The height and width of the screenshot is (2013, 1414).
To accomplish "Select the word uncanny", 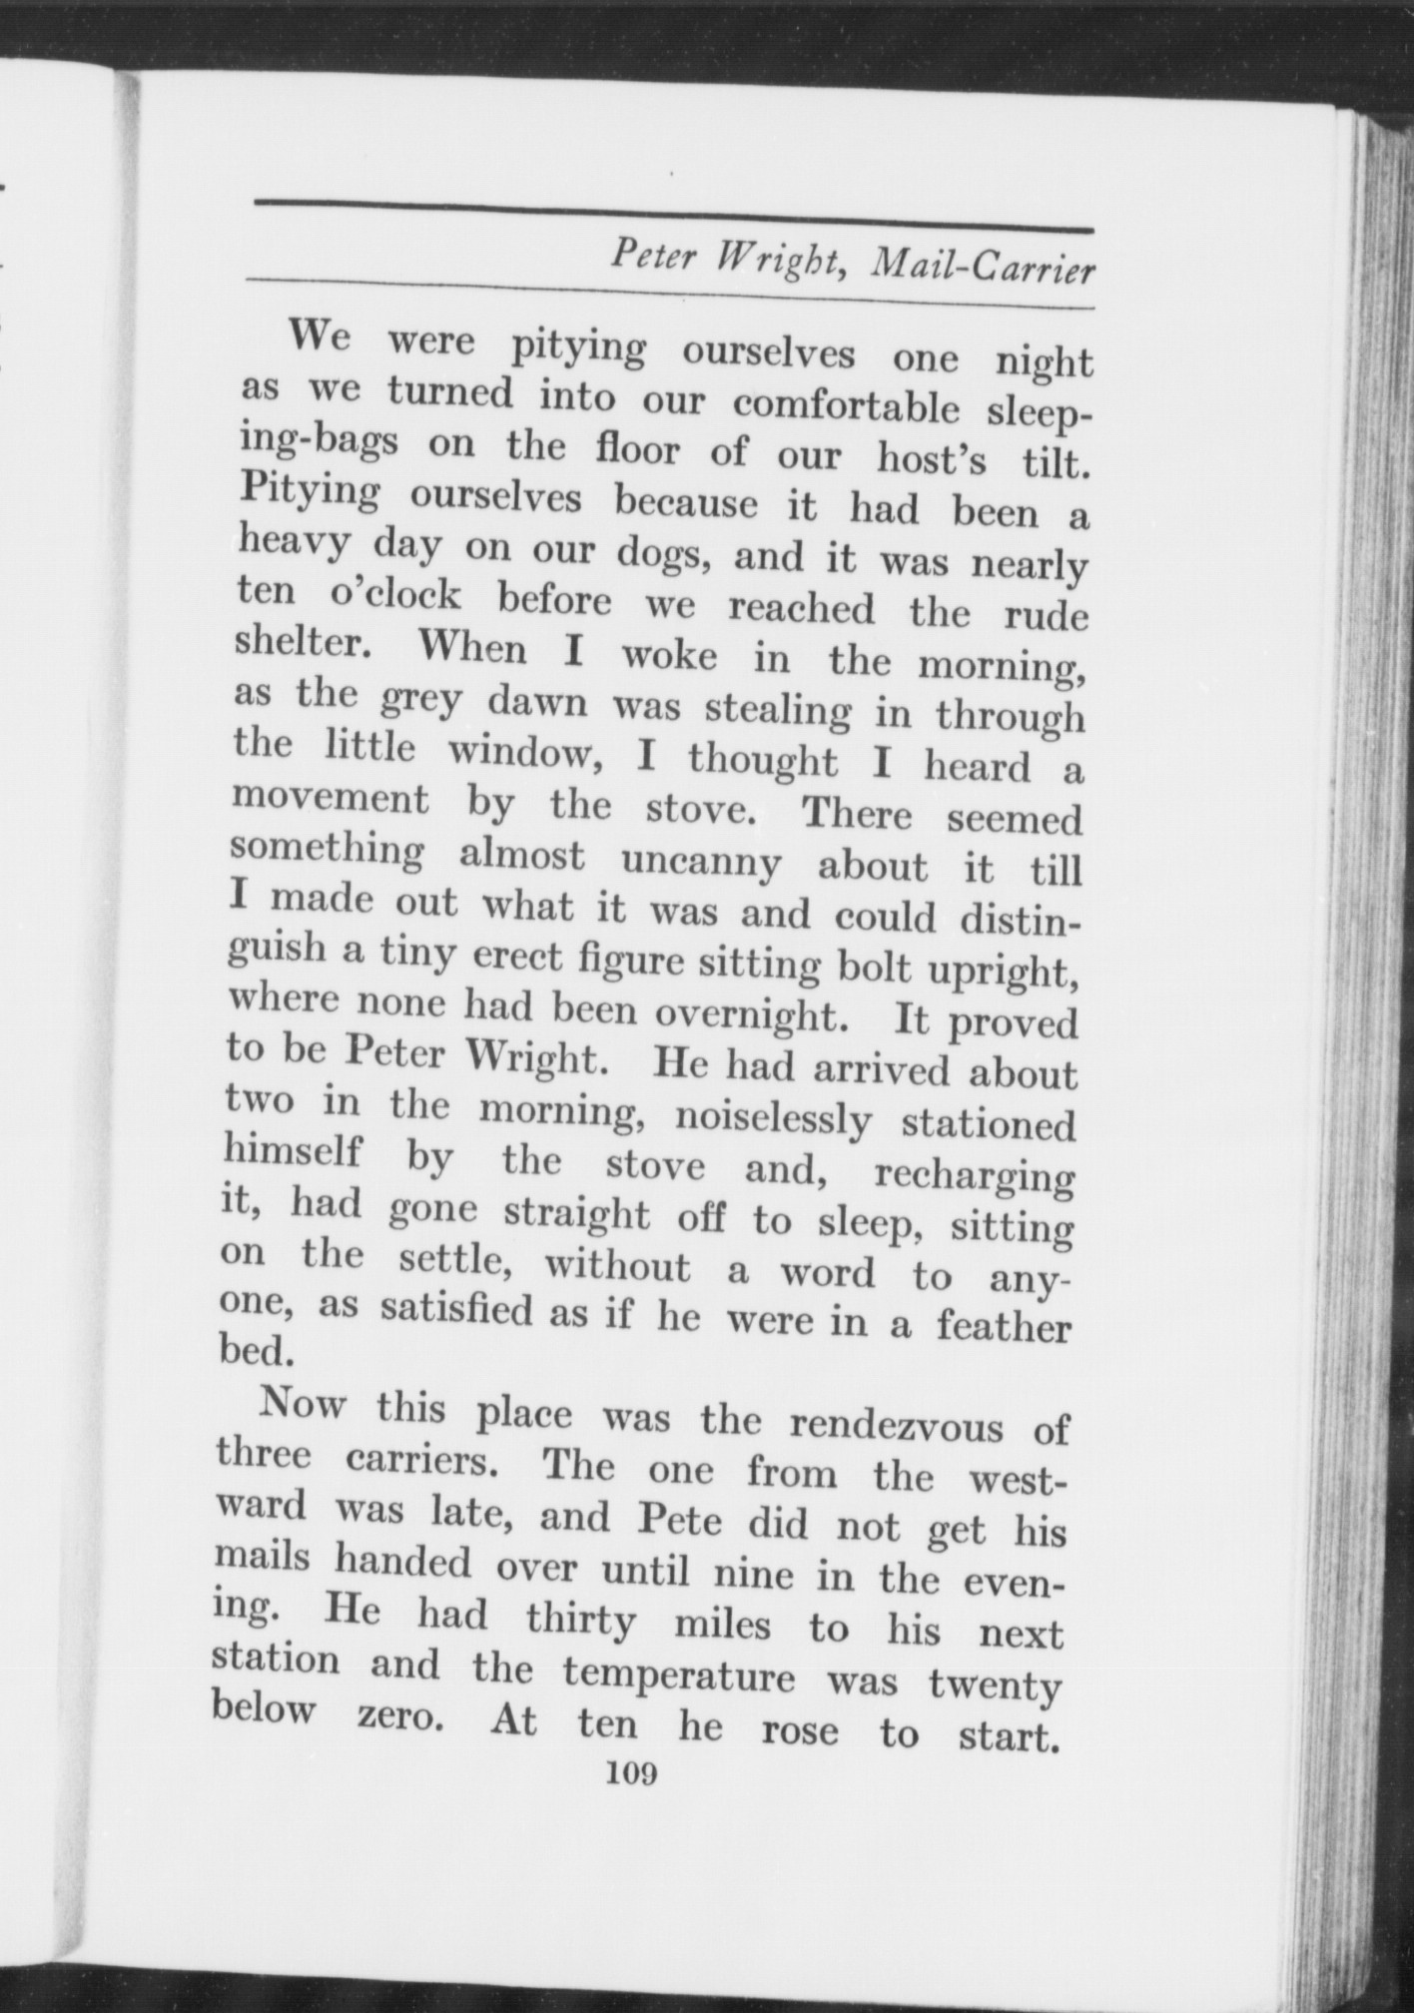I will click(x=699, y=860).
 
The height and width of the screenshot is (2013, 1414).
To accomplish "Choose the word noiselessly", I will click(x=773, y=1118).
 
